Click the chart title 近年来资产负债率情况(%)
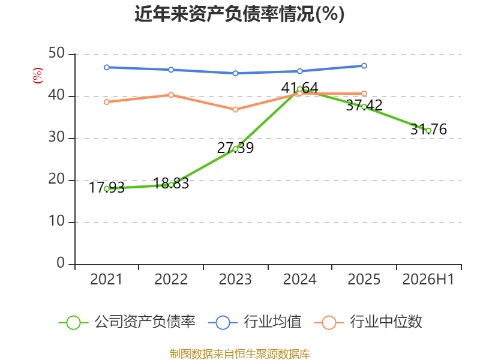(x=239, y=14)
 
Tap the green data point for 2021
(x=107, y=189)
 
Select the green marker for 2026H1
(x=428, y=131)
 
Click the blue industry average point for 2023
(x=235, y=73)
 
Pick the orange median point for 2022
(x=171, y=95)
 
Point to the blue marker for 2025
(x=364, y=66)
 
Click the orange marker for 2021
(x=107, y=102)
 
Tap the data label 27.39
(x=235, y=148)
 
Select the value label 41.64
(x=300, y=88)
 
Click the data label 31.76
(x=428, y=129)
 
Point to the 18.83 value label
(x=171, y=184)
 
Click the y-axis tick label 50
(x=56, y=53)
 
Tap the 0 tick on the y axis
(x=61, y=263)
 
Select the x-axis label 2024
(x=300, y=279)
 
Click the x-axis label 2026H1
(x=428, y=279)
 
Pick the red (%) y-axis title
(x=38, y=76)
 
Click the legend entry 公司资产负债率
(x=127, y=322)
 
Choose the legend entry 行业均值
(x=254, y=322)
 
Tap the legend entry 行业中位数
(x=368, y=322)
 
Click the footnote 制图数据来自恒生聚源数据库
(x=240, y=354)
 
